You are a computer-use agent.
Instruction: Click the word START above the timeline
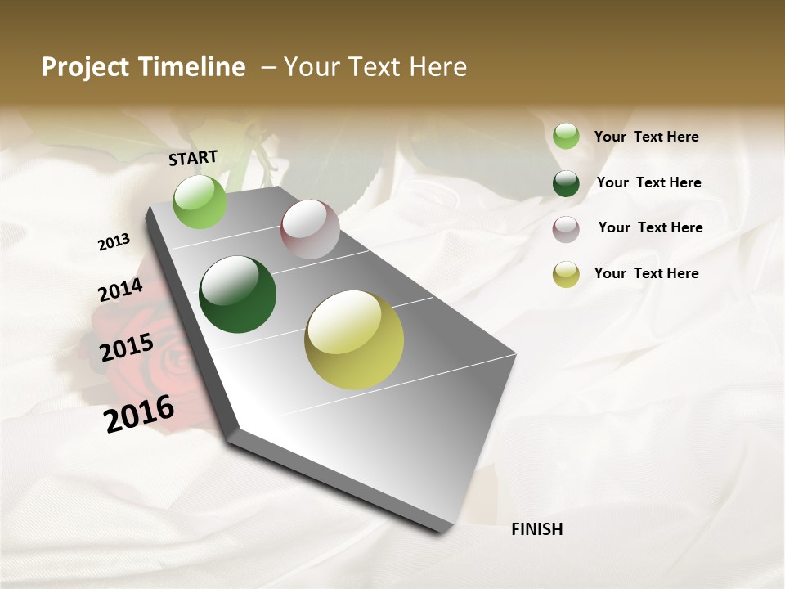click(x=193, y=158)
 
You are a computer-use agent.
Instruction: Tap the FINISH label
click(x=536, y=529)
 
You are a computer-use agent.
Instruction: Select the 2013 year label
click(x=114, y=242)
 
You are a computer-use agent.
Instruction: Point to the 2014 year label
click(x=120, y=290)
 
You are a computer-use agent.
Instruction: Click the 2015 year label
click(x=127, y=348)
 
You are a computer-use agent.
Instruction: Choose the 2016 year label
click(x=139, y=413)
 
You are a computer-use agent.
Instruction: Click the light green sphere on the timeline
click(x=200, y=202)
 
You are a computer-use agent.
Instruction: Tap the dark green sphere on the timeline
click(x=238, y=294)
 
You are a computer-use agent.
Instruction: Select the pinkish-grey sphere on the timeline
click(x=310, y=229)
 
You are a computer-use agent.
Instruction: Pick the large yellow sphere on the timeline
click(x=354, y=339)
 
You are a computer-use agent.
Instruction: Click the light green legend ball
click(x=566, y=136)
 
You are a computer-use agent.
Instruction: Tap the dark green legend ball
click(x=566, y=183)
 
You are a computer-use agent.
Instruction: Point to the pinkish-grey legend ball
click(x=566, y=229)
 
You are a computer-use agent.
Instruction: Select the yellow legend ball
click(x=566, y=274)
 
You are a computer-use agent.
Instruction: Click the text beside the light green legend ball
click(x=646, y=137)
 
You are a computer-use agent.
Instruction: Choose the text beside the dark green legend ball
click(x=648, y=182)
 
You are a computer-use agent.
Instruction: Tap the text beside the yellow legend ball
click(x=646, y=273)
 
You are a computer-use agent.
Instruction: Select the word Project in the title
click(x=84, y=67)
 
